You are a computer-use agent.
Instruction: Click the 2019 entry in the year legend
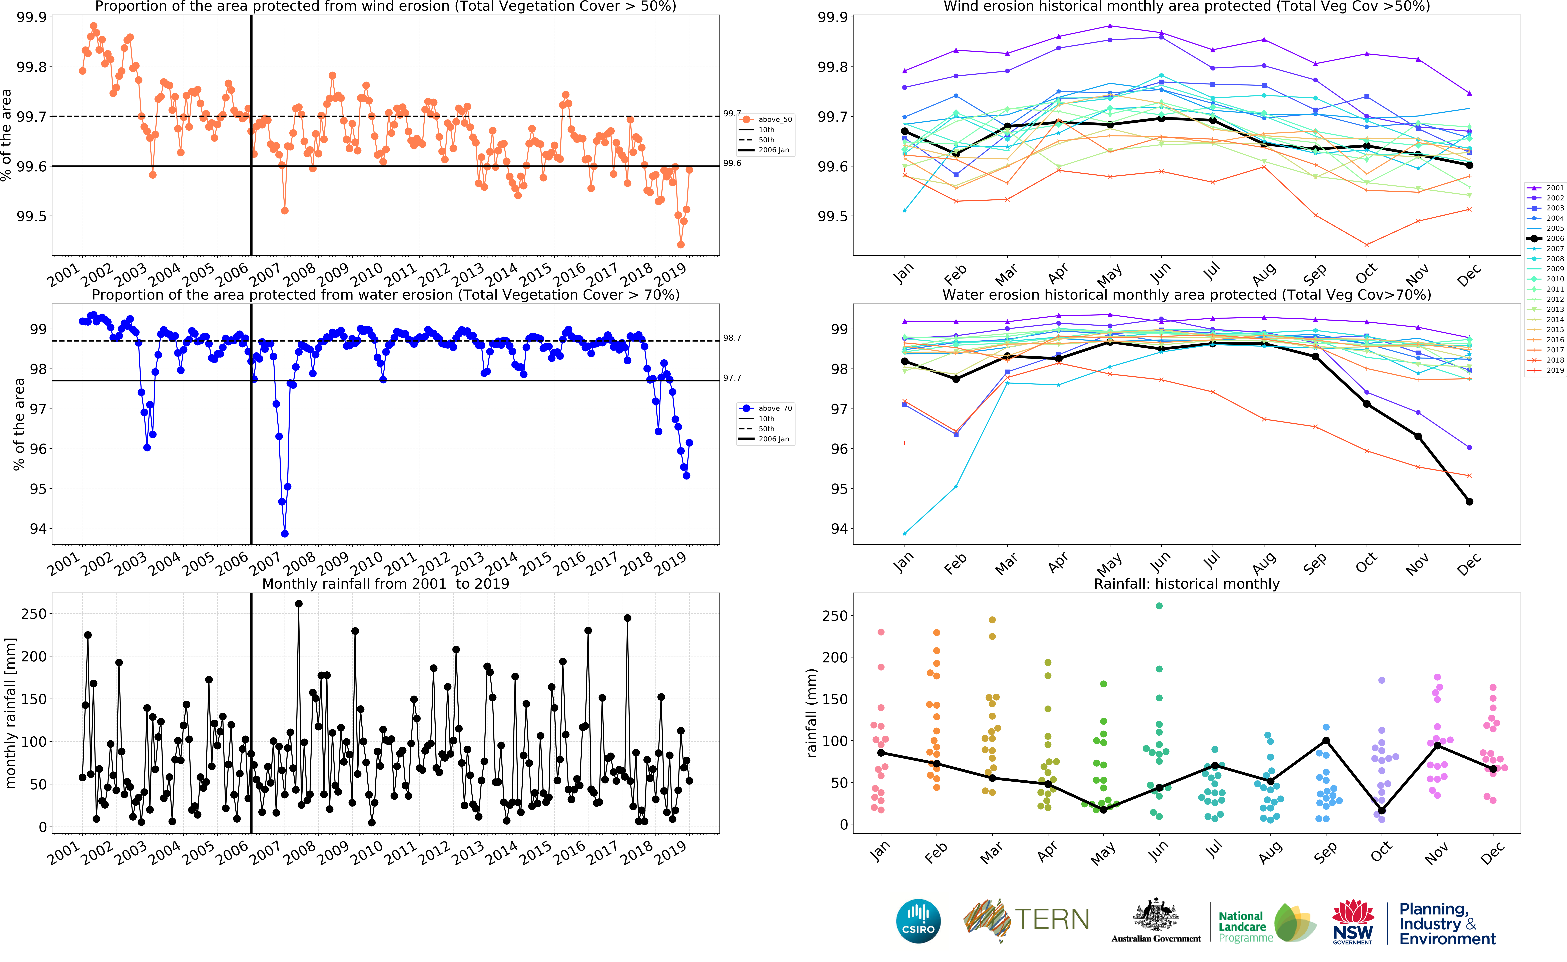point(1547,370)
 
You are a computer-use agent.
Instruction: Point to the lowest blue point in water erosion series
point(285,534)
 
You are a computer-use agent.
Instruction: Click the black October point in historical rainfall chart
point(1382,811)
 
